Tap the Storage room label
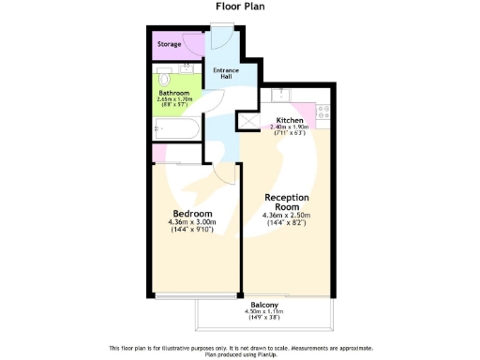pyautogui.click(x=170, y=44)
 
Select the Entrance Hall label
pyautogui.click(x=226, y=74)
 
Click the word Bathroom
pyautogui.click(x=173, y=93)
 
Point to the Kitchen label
pyautogui.click(x=290, y=120)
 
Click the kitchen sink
pyautogui.click(x=280, y=94)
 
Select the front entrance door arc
pyautogui.click(x=221, y=39)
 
